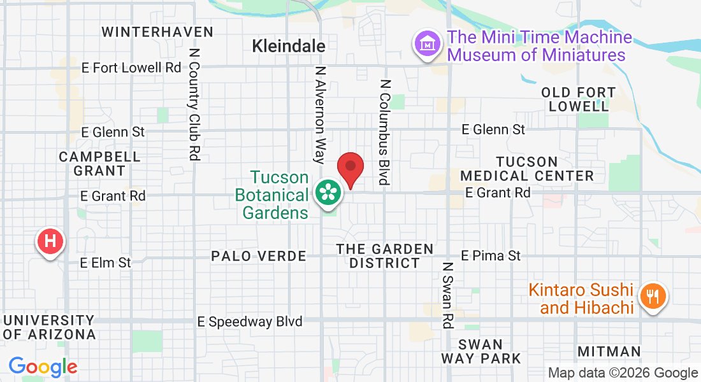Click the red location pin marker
tap(350, 169)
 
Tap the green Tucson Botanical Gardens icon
tap(328, 192)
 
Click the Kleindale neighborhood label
tap(289, 46)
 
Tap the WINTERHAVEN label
tap(157, 32)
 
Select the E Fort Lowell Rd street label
tap(132, 67)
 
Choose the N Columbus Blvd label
tap(384, 132)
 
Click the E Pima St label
tap(491, 255)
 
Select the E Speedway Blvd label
tap(250, 322)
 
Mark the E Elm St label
tap(106, 262)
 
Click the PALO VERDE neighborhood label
tap(259, 256)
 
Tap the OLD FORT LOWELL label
tap(579, 99)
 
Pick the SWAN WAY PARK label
tap(481, 351)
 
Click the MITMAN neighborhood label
tap(609, 351)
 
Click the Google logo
tap(43, 367)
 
